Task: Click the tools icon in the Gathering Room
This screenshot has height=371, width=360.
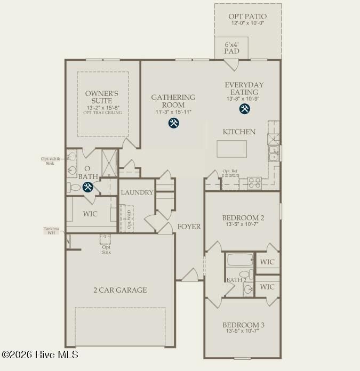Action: (x=173, y=123)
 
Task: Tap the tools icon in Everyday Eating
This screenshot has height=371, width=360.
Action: (x=245, y=109)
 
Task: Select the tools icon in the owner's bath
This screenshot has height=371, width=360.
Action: (x=87, y=187)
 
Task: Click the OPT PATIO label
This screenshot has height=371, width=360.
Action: (x=248, y=17)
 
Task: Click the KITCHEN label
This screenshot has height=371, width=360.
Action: (x=239, y=132)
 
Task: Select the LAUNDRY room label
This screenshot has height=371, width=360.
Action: (x=137, y=192)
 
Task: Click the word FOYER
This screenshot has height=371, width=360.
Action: (x=189, y=227)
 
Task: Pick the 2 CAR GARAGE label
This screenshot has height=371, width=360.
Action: (x=120, y=290)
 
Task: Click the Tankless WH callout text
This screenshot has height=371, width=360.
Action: (x=52, y=231)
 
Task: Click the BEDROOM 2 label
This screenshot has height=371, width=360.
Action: (x=243, y=217)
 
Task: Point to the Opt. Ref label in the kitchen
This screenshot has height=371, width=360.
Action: (x=230, y=171)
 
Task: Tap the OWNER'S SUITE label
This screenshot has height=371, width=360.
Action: (x=101, y=97)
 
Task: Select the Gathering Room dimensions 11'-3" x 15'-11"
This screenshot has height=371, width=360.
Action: (x=173, y=112)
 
